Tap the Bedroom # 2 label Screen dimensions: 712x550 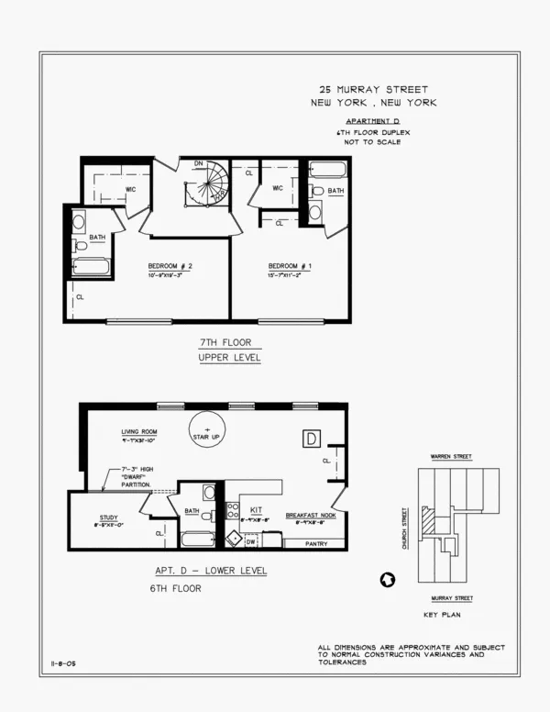tap(170, 267)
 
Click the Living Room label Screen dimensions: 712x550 tap(140, 431)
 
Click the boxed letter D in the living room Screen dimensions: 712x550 tap(311, 437)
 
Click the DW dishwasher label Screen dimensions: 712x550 tap(251, 542)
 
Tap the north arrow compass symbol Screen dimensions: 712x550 tap(387, 580)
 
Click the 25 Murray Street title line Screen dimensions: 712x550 tap(372, 90)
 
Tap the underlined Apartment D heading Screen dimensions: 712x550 tap(371, 121)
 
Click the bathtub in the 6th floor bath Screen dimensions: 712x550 tap(197, 540)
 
